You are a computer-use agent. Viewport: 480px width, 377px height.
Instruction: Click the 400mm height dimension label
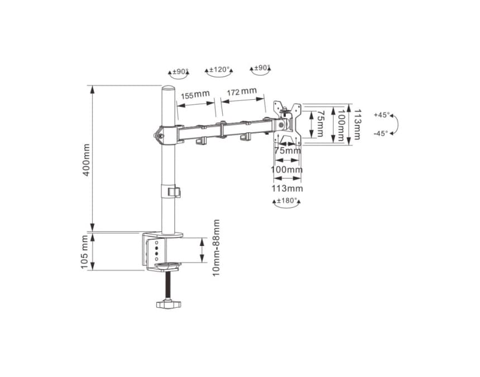(x=87, y=159)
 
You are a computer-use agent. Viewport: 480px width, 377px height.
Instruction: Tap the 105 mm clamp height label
(x=84, y=252)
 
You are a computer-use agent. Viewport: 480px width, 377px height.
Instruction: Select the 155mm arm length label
(x=195, y=95)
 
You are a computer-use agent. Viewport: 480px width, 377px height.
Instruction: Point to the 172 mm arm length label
(x=242, y=91)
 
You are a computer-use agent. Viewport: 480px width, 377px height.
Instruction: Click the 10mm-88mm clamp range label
(x=216, y=248)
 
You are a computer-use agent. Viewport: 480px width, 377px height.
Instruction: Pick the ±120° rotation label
(x=219, y=69)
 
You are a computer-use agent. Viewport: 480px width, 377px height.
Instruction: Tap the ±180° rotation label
(x=287, y=201)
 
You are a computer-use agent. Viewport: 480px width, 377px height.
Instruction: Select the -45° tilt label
(x=381, y=133)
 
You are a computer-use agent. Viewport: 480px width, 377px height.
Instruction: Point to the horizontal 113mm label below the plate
(x=287, y=188)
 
